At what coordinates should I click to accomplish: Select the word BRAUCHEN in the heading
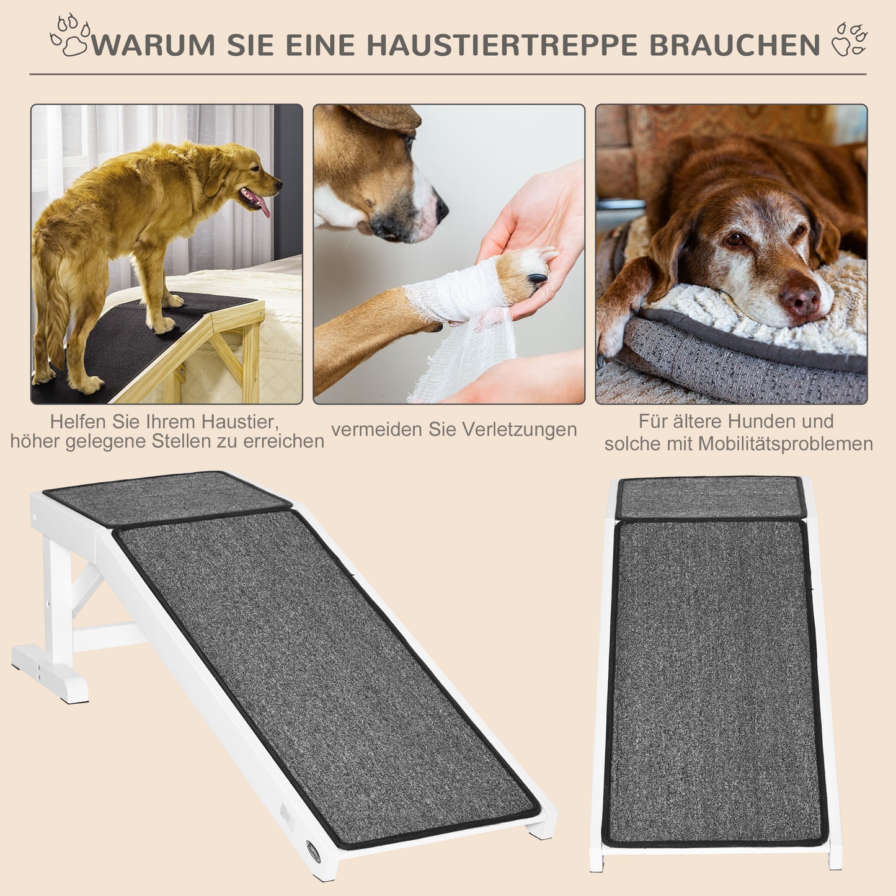point(735,45)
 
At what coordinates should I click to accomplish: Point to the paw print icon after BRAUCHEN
point(850,39)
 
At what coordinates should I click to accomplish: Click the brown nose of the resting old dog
point(800,299)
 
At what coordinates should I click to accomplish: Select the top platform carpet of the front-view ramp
point(711,497)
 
